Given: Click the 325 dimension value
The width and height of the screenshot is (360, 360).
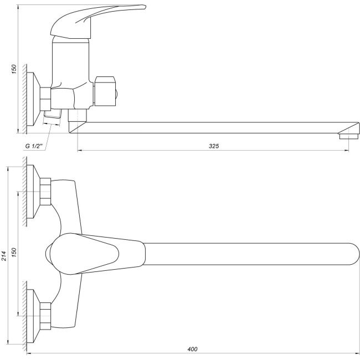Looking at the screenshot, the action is [x=214, y=146].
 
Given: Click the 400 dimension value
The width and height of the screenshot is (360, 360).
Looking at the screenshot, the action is [x=192, y=349].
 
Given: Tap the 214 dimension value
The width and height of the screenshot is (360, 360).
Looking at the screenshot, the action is [x=4, y=256].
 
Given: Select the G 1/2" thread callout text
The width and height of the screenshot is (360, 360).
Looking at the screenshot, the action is [x=34, y=146].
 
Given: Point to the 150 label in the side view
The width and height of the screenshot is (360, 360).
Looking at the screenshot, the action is [x=14, y=69].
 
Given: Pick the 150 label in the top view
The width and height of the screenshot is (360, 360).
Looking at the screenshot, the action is [x=14, y=252].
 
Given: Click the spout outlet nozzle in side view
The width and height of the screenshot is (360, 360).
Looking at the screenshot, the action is [x=348, y=136].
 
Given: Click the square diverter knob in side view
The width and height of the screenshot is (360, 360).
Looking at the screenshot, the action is [x=105, y=91].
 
